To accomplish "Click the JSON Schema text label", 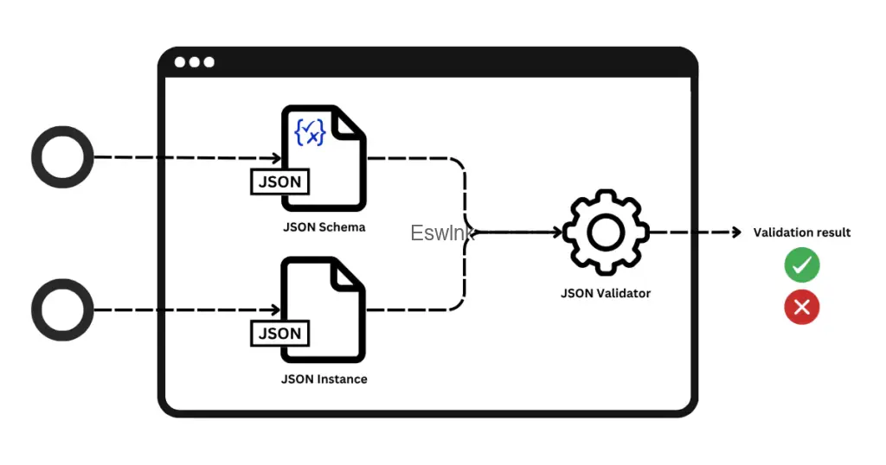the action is (324, 226).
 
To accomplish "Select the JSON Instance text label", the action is (324, 379).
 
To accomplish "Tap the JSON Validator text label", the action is (606, 293).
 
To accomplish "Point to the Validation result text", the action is (802, 232).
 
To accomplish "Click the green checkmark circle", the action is (802, 264).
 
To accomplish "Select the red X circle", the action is (802, 307).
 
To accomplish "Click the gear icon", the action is (606, 232).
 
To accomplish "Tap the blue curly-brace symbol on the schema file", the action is (310, 132).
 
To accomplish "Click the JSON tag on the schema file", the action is (279, 182).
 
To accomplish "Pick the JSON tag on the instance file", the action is (279, 333).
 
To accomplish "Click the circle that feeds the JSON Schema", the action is (62, 157).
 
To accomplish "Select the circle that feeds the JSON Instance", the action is (62, 309).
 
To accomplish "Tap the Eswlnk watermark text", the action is (442, 232).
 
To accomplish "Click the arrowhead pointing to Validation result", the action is (736, 232).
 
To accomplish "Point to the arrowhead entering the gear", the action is (558, 232).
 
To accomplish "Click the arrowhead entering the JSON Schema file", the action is (277, 157).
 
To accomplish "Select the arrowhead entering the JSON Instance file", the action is (276, 309).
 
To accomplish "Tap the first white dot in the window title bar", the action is (180, 62).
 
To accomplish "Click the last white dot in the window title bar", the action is (209, 62).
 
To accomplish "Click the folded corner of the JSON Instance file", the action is (346, 276).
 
